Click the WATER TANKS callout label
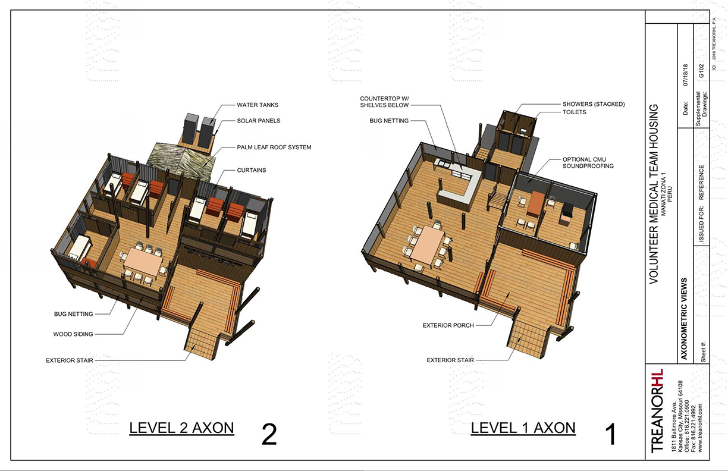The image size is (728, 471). click(258, 105)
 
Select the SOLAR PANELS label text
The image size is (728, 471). click(259, 121)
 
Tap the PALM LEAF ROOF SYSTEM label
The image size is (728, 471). click(274, 147)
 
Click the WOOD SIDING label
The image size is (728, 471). click(73, 334)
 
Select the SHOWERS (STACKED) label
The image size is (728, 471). click(593, 104)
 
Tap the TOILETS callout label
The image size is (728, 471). click(574, 112)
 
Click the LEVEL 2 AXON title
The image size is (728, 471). click(181, 428)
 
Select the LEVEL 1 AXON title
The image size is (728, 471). click(523, 428)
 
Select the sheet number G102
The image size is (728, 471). click(701, 72)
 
